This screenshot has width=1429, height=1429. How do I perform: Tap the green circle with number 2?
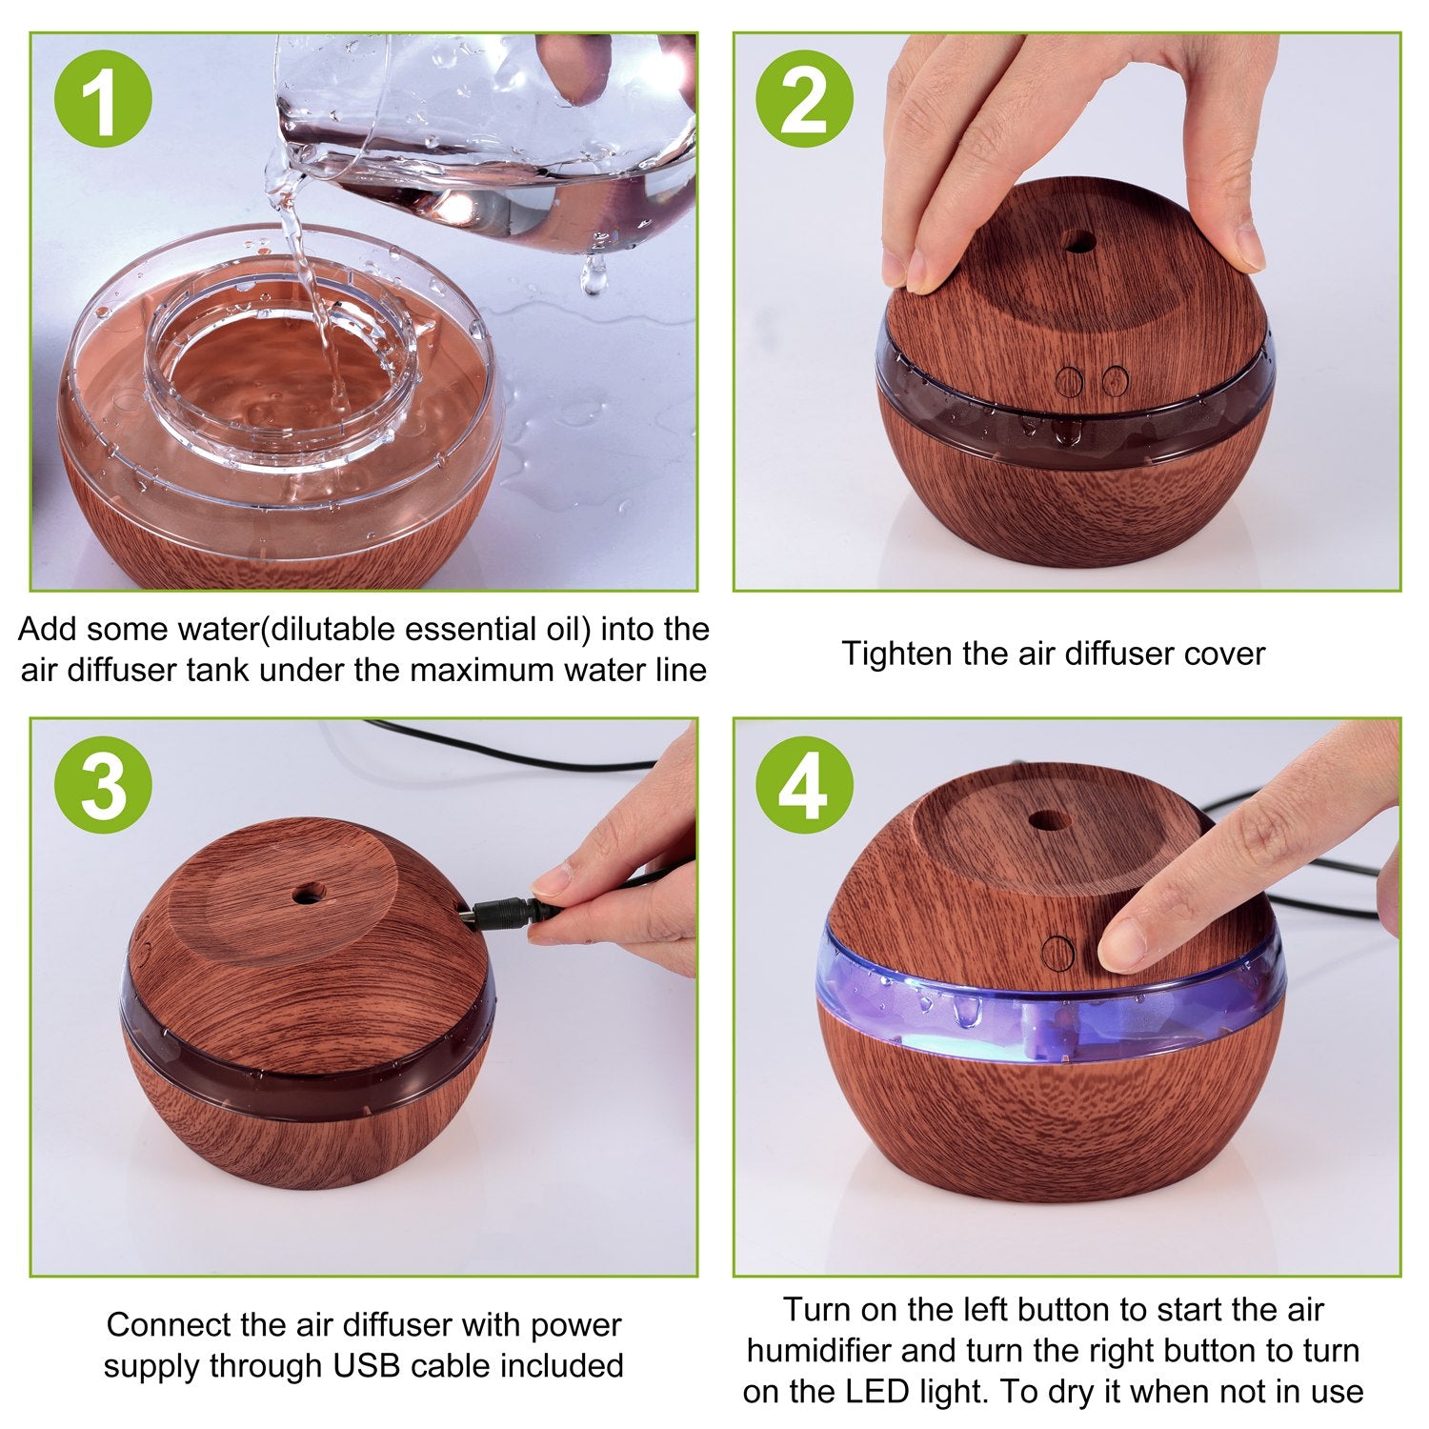pyautogui.click(x=804, y=99)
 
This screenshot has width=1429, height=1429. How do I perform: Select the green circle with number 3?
pyautogui.click(x=103, y=785)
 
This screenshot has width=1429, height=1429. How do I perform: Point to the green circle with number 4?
pyautogui.click(x=804, y=785)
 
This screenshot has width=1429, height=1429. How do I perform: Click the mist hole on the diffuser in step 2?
pyautogui.click(x=1079, y=241)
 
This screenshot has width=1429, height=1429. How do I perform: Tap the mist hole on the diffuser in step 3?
pyautogui.click(x=308, y=894)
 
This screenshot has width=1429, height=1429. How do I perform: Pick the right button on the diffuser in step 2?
pyautogui.click(x=1115, y=381)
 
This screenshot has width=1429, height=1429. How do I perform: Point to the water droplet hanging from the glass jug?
pyautogui.click(x=594, y=276)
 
